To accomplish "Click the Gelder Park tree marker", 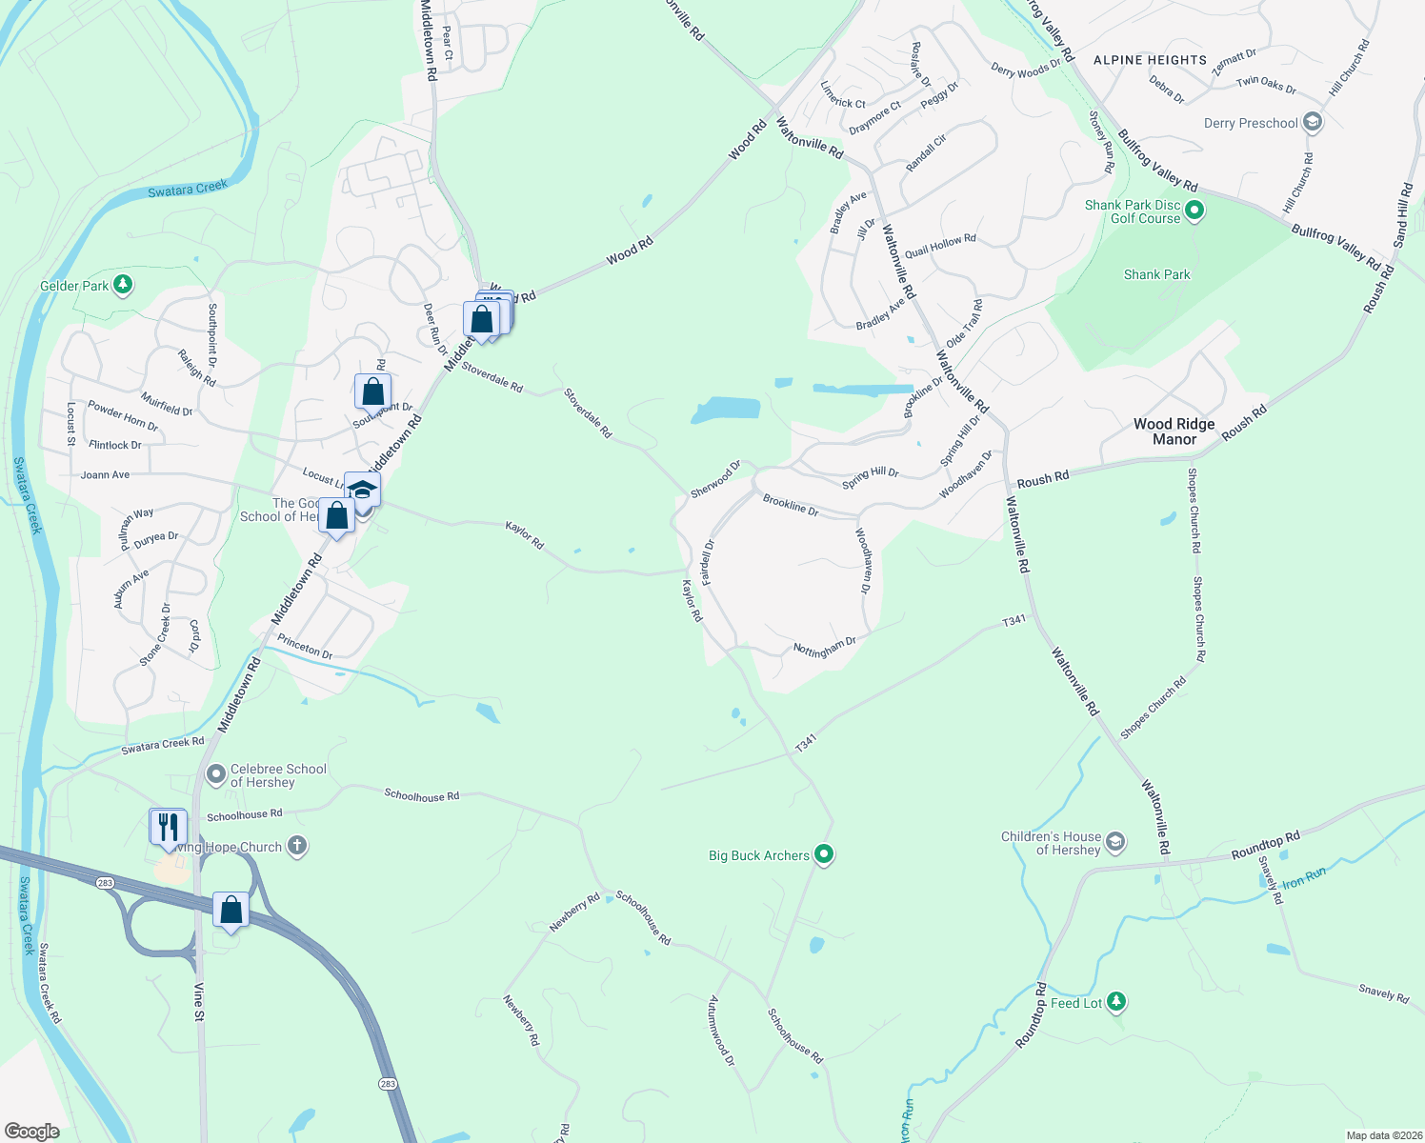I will click(x=122, y=284).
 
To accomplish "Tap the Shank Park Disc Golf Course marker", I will click(x=1194, y=211).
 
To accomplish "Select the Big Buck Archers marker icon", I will click(x=825, y=854).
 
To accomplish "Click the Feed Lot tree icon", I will click(x=1116, y=1002).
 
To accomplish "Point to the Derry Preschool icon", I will click(x=1313, y=122).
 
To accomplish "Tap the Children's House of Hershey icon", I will click(x=1115, y=842).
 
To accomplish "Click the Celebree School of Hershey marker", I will click(x=216, y=774).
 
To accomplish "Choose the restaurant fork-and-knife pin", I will click(x=169, y=826).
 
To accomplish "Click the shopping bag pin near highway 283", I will click(x=231, y=911).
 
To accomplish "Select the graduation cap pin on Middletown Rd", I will click(x=362, y=491).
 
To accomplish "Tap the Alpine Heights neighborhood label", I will click(x=1150, y=60).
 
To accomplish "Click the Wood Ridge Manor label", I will click(x=1174, y=431).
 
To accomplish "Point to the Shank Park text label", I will click(x=1156, y=274).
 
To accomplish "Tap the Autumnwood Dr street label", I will click(x=721, y=1031).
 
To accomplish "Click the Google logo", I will click(x=31, y=1131).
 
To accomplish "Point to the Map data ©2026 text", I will click(x=1383, y=1135).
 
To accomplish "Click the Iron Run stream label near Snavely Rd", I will click(x=1304, y=877).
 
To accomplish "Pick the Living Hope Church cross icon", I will click(x=297, y=846).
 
